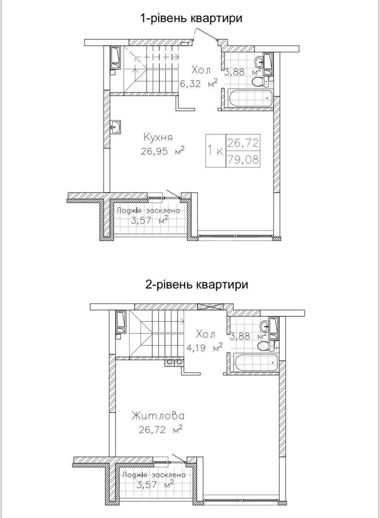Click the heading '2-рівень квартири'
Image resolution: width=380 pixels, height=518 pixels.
[196, 285]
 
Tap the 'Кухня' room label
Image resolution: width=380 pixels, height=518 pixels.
[158, 137]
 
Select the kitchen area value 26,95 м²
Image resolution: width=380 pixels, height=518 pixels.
[162, 151]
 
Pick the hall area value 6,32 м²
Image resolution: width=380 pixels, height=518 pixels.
[198, 84]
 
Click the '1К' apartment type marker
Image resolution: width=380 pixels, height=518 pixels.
[215, 151]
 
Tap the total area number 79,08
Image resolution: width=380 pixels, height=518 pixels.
[243, 159]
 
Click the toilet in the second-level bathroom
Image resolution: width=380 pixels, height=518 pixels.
[263, 345]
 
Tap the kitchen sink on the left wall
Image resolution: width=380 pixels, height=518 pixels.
[116, 127]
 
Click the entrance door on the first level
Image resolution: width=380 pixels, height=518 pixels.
[205, 36]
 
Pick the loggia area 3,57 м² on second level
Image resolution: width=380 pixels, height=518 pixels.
[155, 484]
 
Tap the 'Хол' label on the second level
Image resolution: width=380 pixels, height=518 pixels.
[205, 334]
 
